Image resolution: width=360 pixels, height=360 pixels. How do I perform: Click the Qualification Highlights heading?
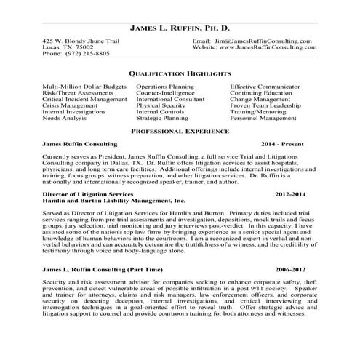click(x=180, y=74)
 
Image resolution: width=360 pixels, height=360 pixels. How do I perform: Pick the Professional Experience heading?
click(x=180, y=131)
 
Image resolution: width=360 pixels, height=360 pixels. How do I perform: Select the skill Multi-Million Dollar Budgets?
click(x=84, y=86)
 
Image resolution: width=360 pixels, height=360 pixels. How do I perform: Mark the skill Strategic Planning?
click(x=162, y=117)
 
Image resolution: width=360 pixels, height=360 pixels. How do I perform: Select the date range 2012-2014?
click(x=297, y=196)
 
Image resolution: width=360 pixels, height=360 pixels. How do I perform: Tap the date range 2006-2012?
click(x=297, y=269)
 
